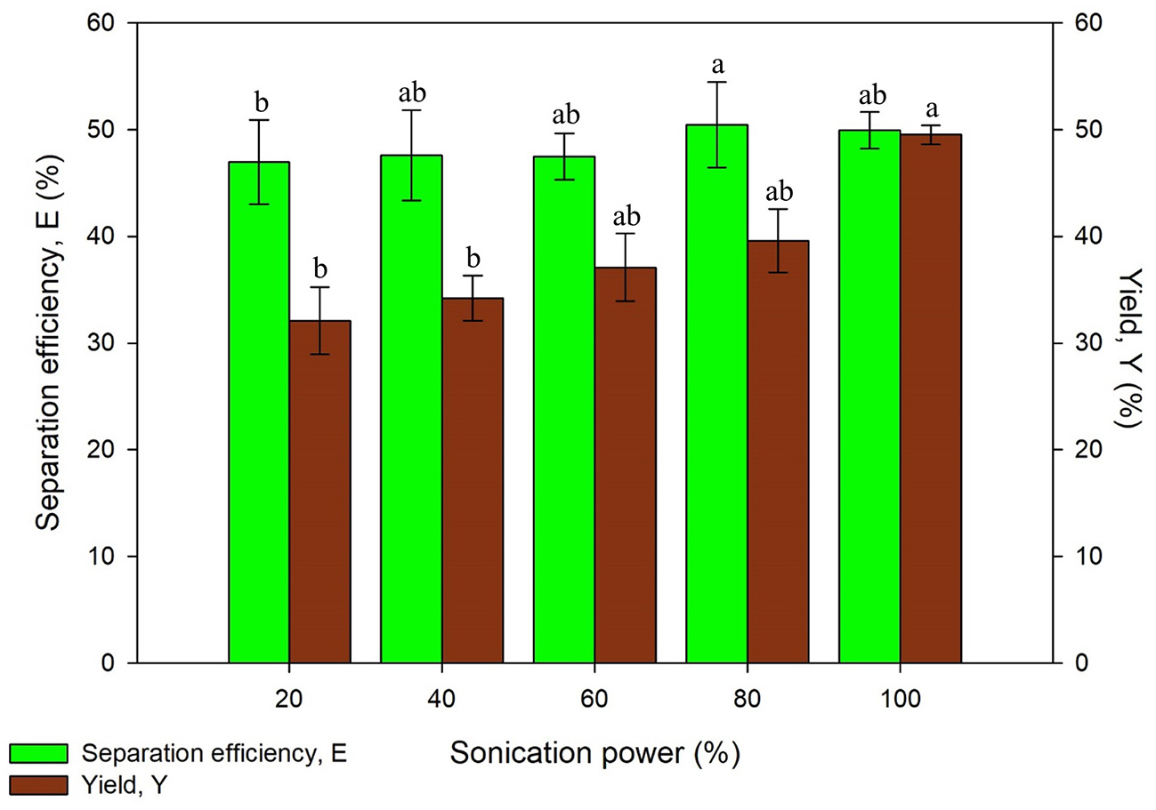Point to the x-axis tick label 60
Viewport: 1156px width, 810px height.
click(x=594, y=698)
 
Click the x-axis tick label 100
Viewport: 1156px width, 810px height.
click(x=900, y=698)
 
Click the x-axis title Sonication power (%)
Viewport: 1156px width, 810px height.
click(x=594, y=754)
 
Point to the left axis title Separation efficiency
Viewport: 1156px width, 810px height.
click(x=48, y=342)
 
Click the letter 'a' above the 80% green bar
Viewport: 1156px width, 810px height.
click(x=716, y=65)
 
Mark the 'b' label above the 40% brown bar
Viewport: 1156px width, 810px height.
click(x=473, y=259)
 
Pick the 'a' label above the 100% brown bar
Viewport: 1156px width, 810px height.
click(x=932, y=109)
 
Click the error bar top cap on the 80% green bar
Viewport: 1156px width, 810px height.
click(x=716, y=82)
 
